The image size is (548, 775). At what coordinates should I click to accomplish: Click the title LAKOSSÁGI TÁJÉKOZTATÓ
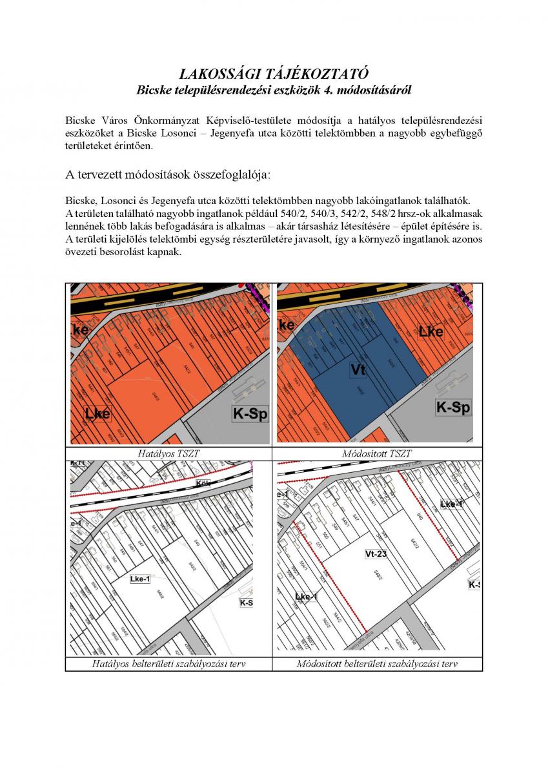(274, 74)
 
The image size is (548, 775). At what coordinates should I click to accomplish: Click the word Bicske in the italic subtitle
(154, 90)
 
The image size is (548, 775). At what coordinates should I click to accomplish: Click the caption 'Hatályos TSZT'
(168, 454)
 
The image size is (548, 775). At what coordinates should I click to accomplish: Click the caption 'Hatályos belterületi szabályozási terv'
(168, 664)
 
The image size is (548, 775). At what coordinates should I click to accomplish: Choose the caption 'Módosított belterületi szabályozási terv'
(377, 664)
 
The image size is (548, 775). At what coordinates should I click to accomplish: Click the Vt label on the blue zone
(358, 369)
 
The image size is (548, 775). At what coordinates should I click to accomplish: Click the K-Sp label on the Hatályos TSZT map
(250, 414)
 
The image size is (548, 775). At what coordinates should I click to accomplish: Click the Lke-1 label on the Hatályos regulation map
(140, 579)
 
